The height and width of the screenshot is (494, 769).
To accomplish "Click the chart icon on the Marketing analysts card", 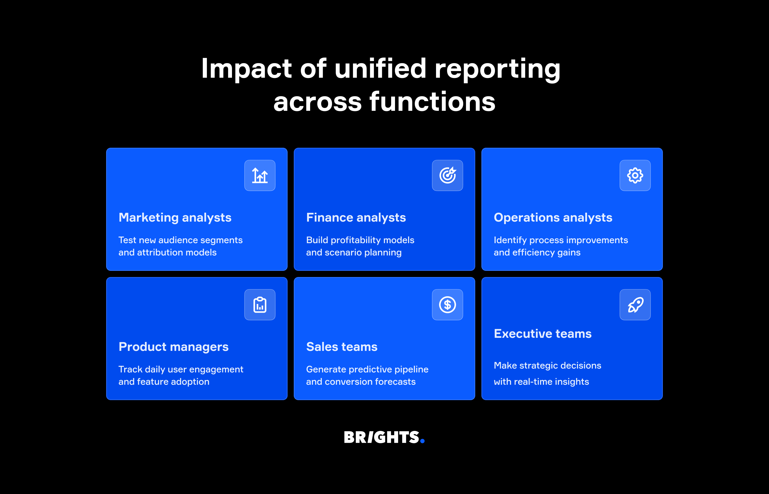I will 260,175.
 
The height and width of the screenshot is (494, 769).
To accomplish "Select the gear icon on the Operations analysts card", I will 635,175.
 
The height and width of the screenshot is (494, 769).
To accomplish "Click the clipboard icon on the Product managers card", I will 260,305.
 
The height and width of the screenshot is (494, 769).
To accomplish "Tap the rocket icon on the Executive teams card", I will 635,305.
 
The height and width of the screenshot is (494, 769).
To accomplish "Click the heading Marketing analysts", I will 175,218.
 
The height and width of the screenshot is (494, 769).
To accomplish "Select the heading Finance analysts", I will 356,218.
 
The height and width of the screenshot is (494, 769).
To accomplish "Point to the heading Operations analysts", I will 553,218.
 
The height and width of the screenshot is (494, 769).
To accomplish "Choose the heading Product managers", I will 174,347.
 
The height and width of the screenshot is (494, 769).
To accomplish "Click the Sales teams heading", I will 342,347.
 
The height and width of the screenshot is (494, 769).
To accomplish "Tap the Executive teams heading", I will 542,334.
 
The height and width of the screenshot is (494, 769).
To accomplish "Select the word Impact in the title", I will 246,69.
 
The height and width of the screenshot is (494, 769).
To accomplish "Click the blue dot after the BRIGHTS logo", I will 422,441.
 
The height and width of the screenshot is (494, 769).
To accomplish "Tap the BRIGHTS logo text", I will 381,438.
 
